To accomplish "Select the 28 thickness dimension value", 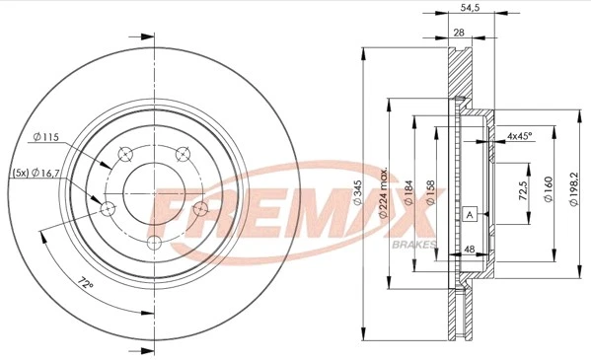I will (x=459, y=32).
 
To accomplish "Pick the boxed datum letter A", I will (x=471, y=214).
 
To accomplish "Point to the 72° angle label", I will (x=87, y=285).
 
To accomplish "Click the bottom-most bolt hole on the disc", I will (x=153, y=244).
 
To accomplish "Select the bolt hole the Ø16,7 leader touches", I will (x=109, y=207).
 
